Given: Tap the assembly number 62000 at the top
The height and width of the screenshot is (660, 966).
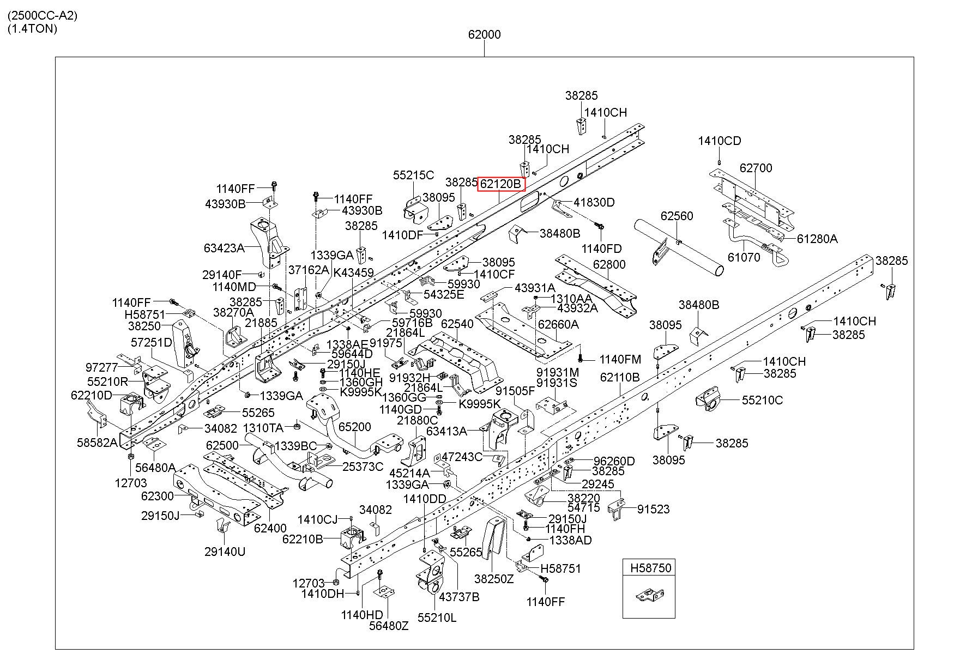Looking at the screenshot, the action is [484, 34].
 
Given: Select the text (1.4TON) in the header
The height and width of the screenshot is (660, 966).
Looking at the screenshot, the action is [32, 28].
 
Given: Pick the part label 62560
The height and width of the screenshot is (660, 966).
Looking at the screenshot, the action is [677, 216].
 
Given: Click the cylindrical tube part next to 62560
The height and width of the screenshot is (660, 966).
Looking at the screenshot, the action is [679, 247].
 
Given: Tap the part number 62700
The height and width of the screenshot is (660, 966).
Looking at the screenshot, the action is [756, 168].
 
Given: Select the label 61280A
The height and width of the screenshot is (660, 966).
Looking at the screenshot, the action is [817, 239].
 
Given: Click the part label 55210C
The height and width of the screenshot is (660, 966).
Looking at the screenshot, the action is [762, 400].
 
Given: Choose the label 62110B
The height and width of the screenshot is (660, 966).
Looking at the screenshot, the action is [620, 377].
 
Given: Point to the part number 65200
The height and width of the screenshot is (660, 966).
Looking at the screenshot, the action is [354, 427].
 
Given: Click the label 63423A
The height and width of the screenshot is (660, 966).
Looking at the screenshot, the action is [224, 248].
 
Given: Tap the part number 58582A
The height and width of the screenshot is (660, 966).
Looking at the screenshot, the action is [97, 441].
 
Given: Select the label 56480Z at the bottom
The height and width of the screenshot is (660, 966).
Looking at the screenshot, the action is [389, 626].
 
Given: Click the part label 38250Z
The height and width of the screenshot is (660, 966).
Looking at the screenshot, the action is [494, 579].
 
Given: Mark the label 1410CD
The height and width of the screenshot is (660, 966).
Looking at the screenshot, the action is [720, 141].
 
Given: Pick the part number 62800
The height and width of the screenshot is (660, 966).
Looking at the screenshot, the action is [609, 264].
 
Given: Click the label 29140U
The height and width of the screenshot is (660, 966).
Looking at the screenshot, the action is [225, 552].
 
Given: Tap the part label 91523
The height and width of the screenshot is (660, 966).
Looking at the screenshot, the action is [654, 509].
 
